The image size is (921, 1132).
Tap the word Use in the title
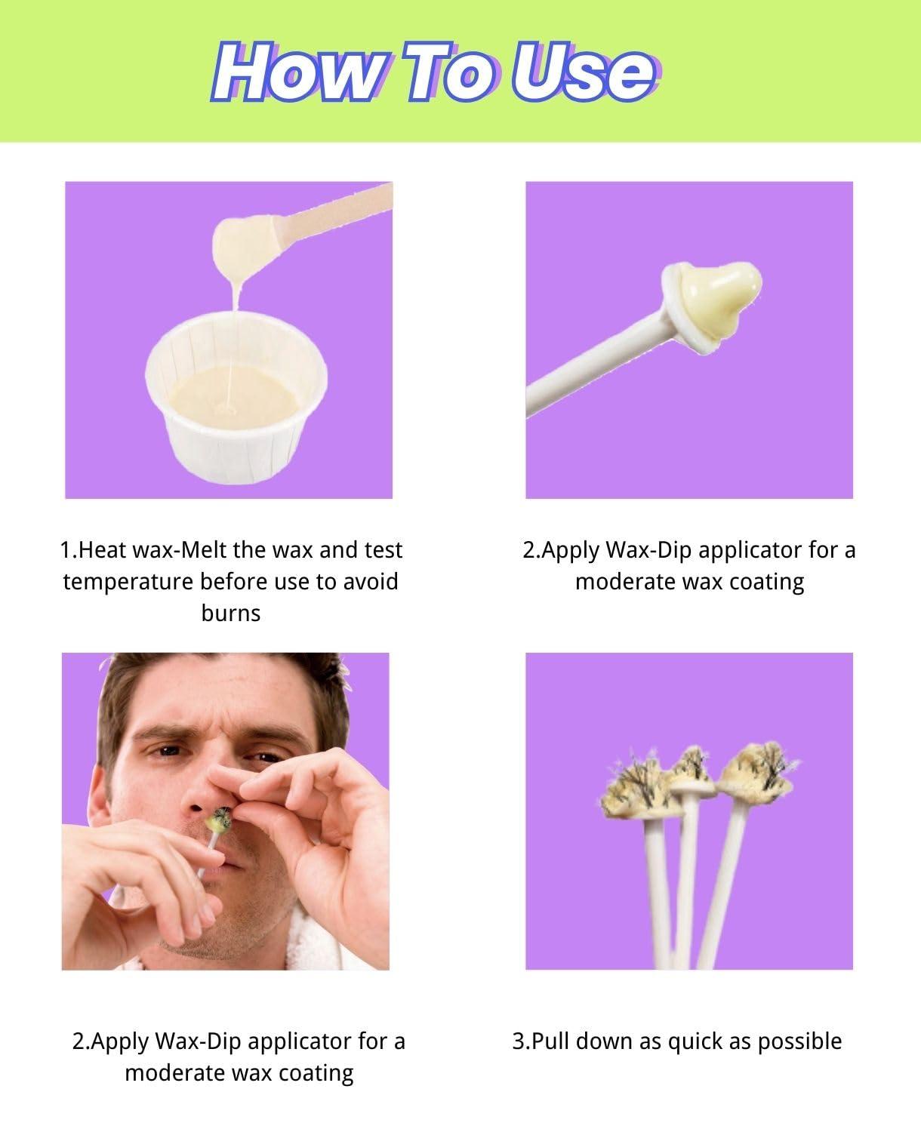pyautogui.click(x=584, y=72)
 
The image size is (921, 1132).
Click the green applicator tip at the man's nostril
pyautogui.click(x=220, y=820)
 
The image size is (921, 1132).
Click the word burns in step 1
pyautogui.click(x=231, y=614)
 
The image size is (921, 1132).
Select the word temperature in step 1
pyautogui.click(x=128, y=583)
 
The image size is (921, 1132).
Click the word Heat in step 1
pyautogui.click(x=103, y=550)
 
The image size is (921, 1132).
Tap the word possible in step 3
pyautogui.click(x=799, y=1041)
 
